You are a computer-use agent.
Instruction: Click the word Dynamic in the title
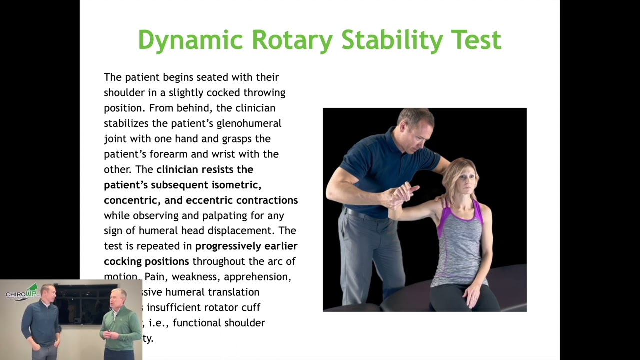pyautogui.click(x=190, y=40)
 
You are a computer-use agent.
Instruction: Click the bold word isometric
pyautogui.click(x=235, y=185)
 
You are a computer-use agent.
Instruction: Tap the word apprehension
pyautogui.click(x=257, y=277)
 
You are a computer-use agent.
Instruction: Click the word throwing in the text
pyautogui.click(x=264, y=93)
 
